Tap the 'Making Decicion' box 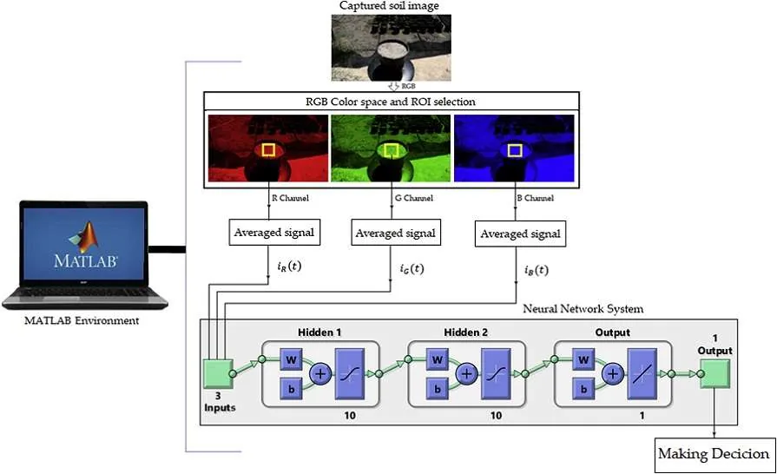[714, 455]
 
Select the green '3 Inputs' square [219, 373]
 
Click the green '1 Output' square [714, 373]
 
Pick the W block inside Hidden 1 [292, 359]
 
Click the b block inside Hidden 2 [437, 389]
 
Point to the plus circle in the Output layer [613, 373]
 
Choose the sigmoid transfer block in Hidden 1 [350, 374]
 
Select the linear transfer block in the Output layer [642, 374]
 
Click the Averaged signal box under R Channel [274, 233]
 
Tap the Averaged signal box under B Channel [520, 234]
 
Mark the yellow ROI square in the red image [268, 149]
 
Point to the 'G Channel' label [414, 198]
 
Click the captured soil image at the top [391, 48]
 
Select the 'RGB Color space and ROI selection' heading [391, 102]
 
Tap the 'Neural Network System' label [583, 309]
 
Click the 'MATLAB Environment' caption [82, 320]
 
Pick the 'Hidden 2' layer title [465, 332]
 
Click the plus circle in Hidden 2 [466, 373]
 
